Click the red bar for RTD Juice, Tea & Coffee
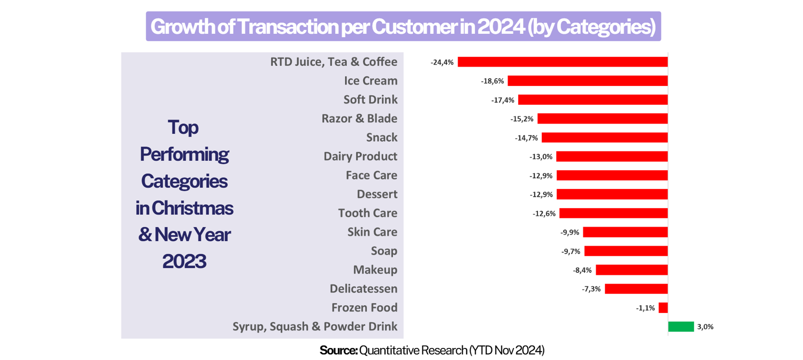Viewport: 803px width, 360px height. pos(563,62)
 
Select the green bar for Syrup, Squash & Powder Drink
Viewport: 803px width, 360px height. pos(681,327)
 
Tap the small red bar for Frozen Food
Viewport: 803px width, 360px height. pos(663,308)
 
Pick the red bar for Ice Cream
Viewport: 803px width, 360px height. pos(587,81)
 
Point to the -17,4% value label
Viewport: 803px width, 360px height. pos(503,100)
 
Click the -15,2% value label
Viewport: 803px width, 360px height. pos(522,119)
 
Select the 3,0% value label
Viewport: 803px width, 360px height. pos(705,327)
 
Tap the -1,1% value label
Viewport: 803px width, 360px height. pos(645,308)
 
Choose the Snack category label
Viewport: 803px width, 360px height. pos(381,137)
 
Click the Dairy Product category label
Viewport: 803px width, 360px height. pos(360,156)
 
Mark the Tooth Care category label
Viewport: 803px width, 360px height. pos(367,213)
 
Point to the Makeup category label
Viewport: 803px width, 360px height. pos(375,270)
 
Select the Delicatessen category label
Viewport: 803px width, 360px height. pos(363,289)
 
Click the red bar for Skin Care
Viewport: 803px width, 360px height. pos(625,232)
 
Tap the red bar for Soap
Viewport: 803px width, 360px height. pos(626,251)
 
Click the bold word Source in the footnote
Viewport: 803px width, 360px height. pos(338,350)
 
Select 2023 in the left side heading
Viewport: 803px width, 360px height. pos(184,261)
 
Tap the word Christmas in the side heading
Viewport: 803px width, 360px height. pos(192,208)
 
